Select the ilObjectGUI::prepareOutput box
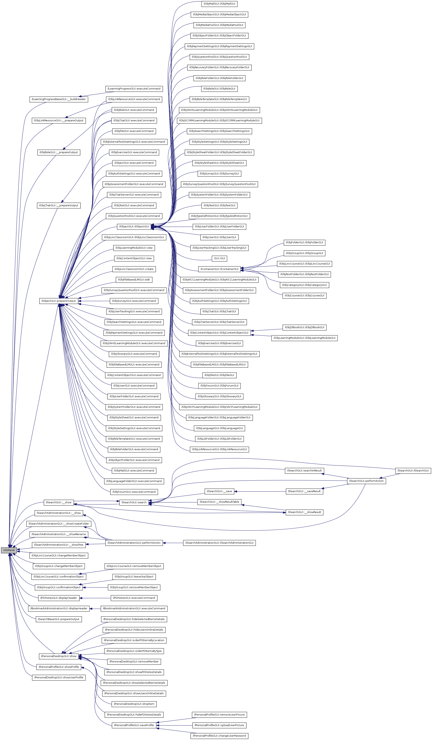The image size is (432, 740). coord(58,301)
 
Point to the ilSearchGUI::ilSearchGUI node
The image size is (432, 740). coord(413,470)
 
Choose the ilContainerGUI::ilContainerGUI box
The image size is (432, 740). coord(219,269)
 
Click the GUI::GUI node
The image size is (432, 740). coord(219,258)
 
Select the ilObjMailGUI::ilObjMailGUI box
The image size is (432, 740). coord(219,4)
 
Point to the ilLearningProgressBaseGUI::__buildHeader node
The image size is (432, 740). coord(59,99)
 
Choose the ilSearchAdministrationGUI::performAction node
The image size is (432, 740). coord(134,543)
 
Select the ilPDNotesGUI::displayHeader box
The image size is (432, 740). coord(59,598)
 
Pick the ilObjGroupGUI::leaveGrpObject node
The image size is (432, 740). coord(134,576)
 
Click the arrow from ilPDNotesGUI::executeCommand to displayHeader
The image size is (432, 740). coord(95,598)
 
